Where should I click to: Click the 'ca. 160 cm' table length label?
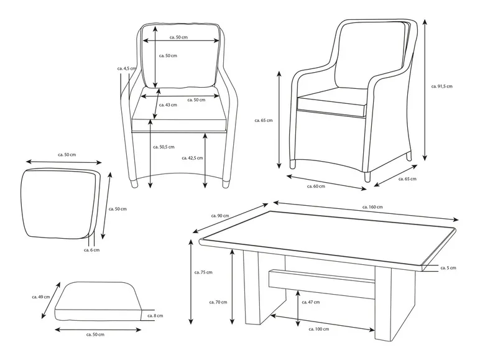(372, 206)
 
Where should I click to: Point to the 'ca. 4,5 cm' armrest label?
(126, 68)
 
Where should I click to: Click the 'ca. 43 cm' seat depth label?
(168, 104)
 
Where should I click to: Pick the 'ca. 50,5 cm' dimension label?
(164, 147)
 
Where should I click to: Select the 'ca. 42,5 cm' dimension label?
(193, 158)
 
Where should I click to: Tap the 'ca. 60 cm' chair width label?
(316, 185)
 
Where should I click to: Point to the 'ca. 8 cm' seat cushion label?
(156, 315)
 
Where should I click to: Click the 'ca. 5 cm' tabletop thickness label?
(448, 268)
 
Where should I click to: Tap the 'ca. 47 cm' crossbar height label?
(312, 302)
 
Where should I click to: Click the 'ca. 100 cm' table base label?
(317, 330)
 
